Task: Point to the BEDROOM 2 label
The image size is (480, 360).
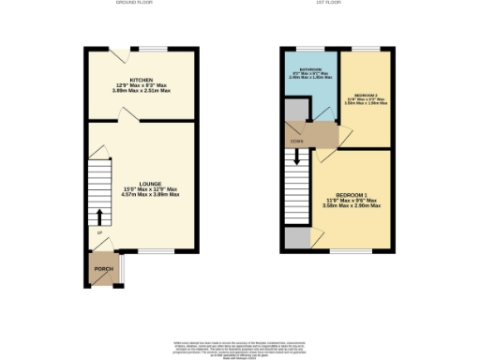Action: (367, 96)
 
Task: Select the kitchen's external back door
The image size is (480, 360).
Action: (118, 50)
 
